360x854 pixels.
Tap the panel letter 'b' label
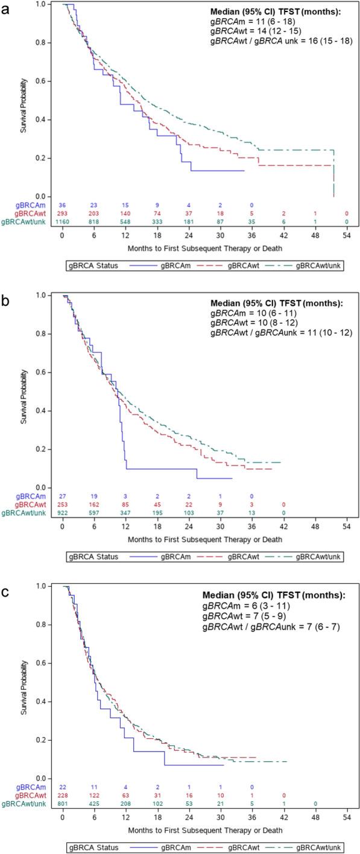tap(5, 298)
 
